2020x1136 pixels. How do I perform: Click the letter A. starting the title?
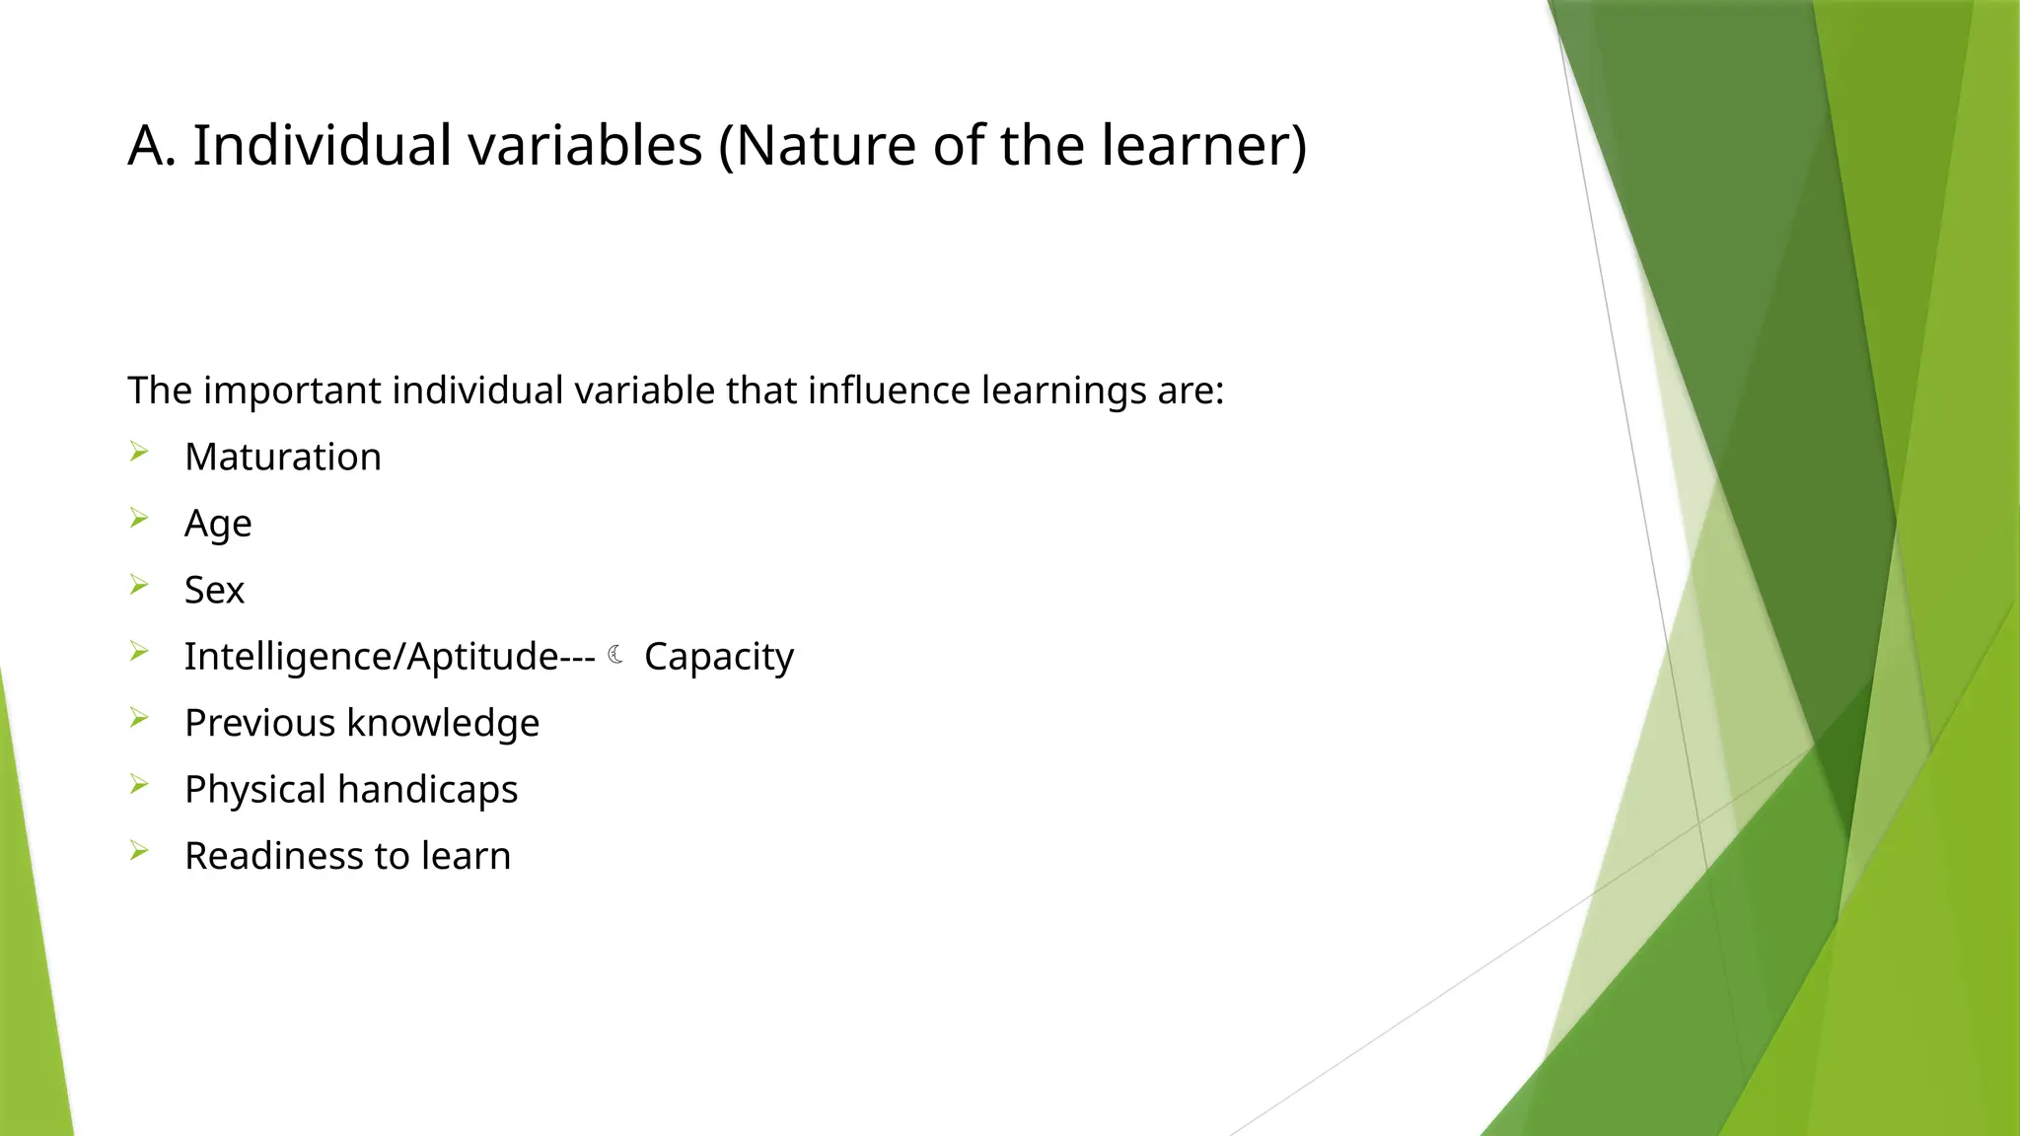click(152, 145)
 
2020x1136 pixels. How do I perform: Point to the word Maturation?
click(282, 458)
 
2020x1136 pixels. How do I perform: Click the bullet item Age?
click(218, 524)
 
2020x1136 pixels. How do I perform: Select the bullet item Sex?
click(214, 590)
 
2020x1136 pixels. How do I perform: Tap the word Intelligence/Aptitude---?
click(390, 657)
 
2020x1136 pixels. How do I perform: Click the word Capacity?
click(718, 657)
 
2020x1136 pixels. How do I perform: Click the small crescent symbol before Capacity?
click(615, 655)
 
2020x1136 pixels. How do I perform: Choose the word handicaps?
click(427, 789)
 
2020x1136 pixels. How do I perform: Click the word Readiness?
click(273, 856)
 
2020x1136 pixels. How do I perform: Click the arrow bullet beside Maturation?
click(139, 453)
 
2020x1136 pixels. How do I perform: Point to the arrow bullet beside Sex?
click(139, 586)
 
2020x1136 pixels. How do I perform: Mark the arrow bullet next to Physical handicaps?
click(139, 785)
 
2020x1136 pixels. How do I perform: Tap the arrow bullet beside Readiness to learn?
click(139, 851)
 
